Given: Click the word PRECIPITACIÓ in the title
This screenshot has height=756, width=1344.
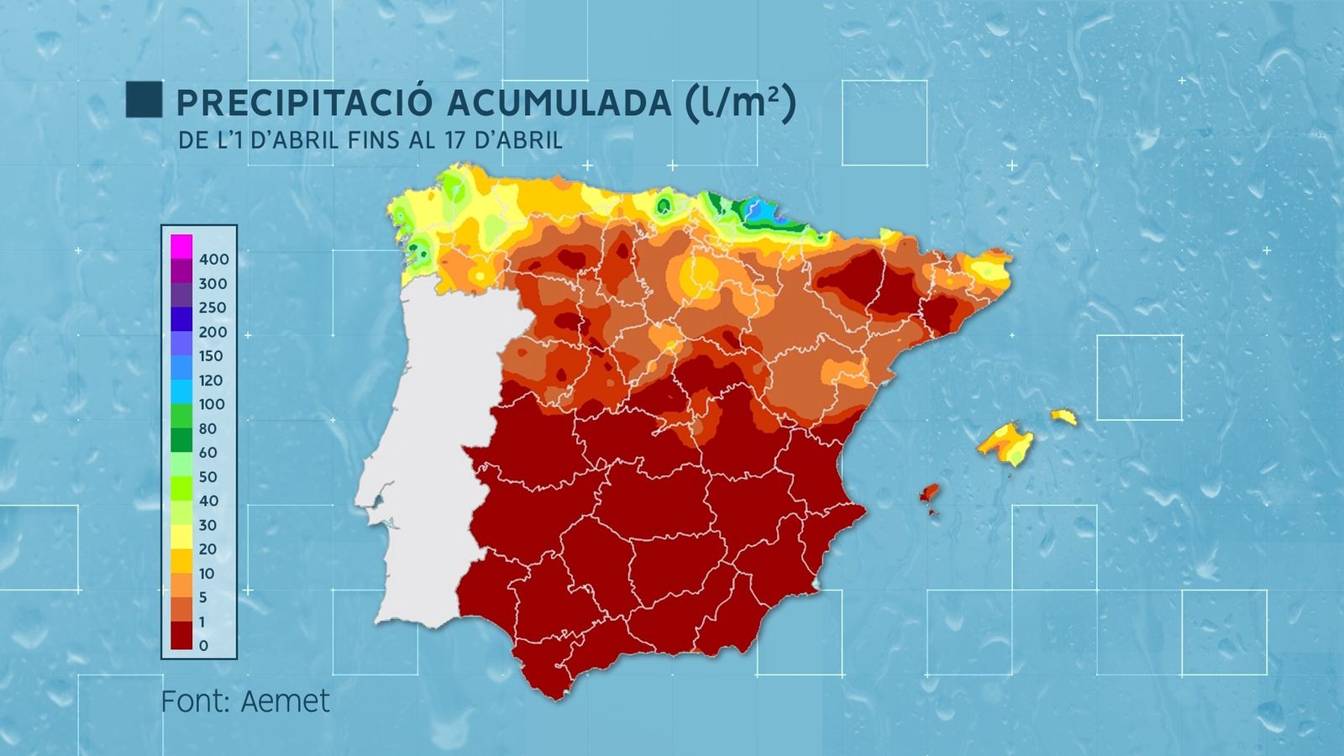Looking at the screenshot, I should pyautogui.click(x=304, y=103).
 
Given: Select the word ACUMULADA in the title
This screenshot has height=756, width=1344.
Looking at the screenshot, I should pyautogui.click(x=559, y=103).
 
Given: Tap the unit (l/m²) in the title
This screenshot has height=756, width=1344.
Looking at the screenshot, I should pyautogui.click(x=740, y=102).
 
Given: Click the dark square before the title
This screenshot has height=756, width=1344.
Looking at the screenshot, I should pyautogui.click(x=144, y=99).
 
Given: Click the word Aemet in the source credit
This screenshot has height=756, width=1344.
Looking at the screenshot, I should pyautogui.click(x=285, y=701).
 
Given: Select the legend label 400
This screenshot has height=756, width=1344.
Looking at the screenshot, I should pyautogui.click(x=213, y=260).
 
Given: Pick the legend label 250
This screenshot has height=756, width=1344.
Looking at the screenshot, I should pyautogui.click(x=213, y=308).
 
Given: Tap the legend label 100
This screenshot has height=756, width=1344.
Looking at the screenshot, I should pyautogui.click(x=212, y=405).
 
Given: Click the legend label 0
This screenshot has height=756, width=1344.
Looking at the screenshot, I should pyautogui.click(x=203, y=646).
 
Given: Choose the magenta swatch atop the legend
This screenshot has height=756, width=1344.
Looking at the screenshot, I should pyautogui.click(x=181, y=246).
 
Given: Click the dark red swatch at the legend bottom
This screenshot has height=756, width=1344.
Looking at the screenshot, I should pyautogui.click(x=181, y=635).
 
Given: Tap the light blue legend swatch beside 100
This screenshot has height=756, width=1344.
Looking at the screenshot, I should pyautogui.click(x=181, y=392).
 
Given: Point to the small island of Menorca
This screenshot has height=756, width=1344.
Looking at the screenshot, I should pyautogui.click(x=1063, y=416).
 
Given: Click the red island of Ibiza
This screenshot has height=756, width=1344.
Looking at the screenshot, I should pyautogui.click(x=929, y=493).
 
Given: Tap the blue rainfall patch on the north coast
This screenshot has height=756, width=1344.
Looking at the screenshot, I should pyautogui.click(x=764, y=213).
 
